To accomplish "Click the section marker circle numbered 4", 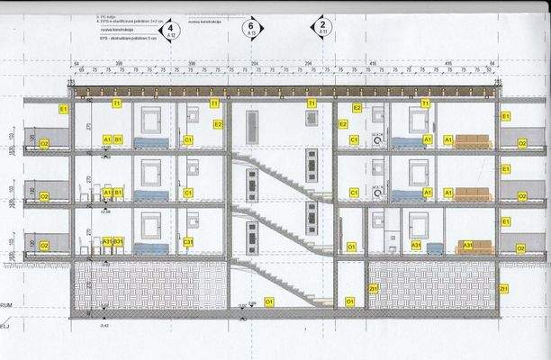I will point(164,30).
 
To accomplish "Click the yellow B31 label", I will point(118,242).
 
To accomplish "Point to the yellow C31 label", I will point(188,242).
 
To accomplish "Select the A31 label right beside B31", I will point(106,242).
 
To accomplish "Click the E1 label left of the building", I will point(63,109).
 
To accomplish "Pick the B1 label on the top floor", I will point(119,139).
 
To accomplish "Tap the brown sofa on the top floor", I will point(473,141).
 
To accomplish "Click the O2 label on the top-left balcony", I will point(43,144).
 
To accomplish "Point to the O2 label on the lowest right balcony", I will point(519,246).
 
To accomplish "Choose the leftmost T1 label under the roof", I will point(116,104).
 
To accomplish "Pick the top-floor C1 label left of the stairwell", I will point(188,140).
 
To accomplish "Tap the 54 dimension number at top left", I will point(66,61).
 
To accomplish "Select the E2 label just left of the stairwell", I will point(217,124).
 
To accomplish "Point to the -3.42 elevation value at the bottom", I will point(104,326).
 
